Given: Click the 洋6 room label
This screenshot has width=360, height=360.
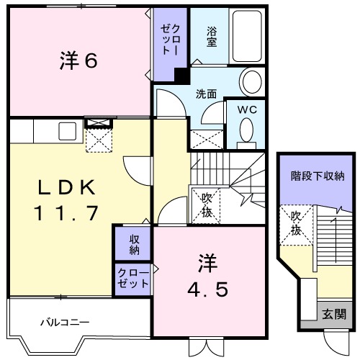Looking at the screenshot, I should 77,60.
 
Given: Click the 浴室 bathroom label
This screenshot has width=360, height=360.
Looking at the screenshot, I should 212,36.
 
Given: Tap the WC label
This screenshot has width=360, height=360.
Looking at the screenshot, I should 247,109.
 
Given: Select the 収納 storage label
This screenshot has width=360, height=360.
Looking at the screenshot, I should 134,244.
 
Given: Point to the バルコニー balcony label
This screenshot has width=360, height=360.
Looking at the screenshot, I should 64,322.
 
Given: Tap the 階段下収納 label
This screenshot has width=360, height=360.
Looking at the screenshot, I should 317,175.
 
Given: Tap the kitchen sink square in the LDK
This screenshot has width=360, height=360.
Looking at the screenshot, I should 68,131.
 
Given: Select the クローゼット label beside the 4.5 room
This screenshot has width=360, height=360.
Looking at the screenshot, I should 132,278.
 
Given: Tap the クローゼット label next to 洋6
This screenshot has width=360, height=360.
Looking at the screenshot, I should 166,40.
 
